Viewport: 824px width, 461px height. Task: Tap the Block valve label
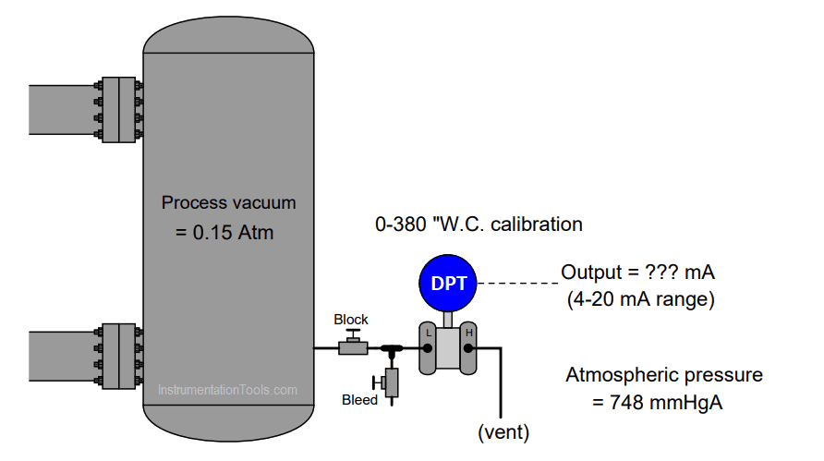click(x=351, y=320)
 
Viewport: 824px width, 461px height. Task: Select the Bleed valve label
click(x=359, y=400)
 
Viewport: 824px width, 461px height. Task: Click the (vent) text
click(x=503, y=431)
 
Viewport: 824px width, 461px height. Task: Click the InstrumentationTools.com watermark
click(x=227, y=390)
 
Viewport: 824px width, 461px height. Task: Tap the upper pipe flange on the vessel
click(x=120, y=110)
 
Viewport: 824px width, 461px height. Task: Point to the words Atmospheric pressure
click(x=663, y=375)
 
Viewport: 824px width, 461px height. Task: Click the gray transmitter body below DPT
click(x=448, y=348)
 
